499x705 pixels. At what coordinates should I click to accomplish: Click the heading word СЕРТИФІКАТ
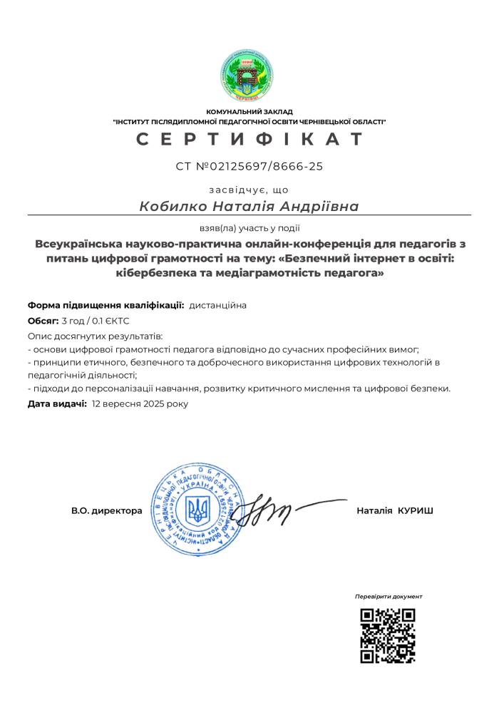tap(249, 139)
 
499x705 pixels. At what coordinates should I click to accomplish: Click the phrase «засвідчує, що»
tap(249, 190)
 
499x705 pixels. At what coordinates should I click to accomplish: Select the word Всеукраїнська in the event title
tap(81, 245)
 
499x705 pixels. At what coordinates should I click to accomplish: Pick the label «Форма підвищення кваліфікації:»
tap(106, 305)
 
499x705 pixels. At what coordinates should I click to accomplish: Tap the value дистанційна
tap(218, 305)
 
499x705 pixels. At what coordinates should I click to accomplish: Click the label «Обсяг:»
tap(43, 321)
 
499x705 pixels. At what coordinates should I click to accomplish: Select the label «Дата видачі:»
tap(57, 403)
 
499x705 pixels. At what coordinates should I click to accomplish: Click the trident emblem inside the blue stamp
tap(197, 509)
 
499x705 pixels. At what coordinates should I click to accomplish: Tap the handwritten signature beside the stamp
tap(267, 509)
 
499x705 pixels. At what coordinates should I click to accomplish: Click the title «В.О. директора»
tap(106, 510)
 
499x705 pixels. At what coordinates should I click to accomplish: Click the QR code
tap(389, 635)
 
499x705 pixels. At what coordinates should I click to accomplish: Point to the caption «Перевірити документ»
tap(389, 597)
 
